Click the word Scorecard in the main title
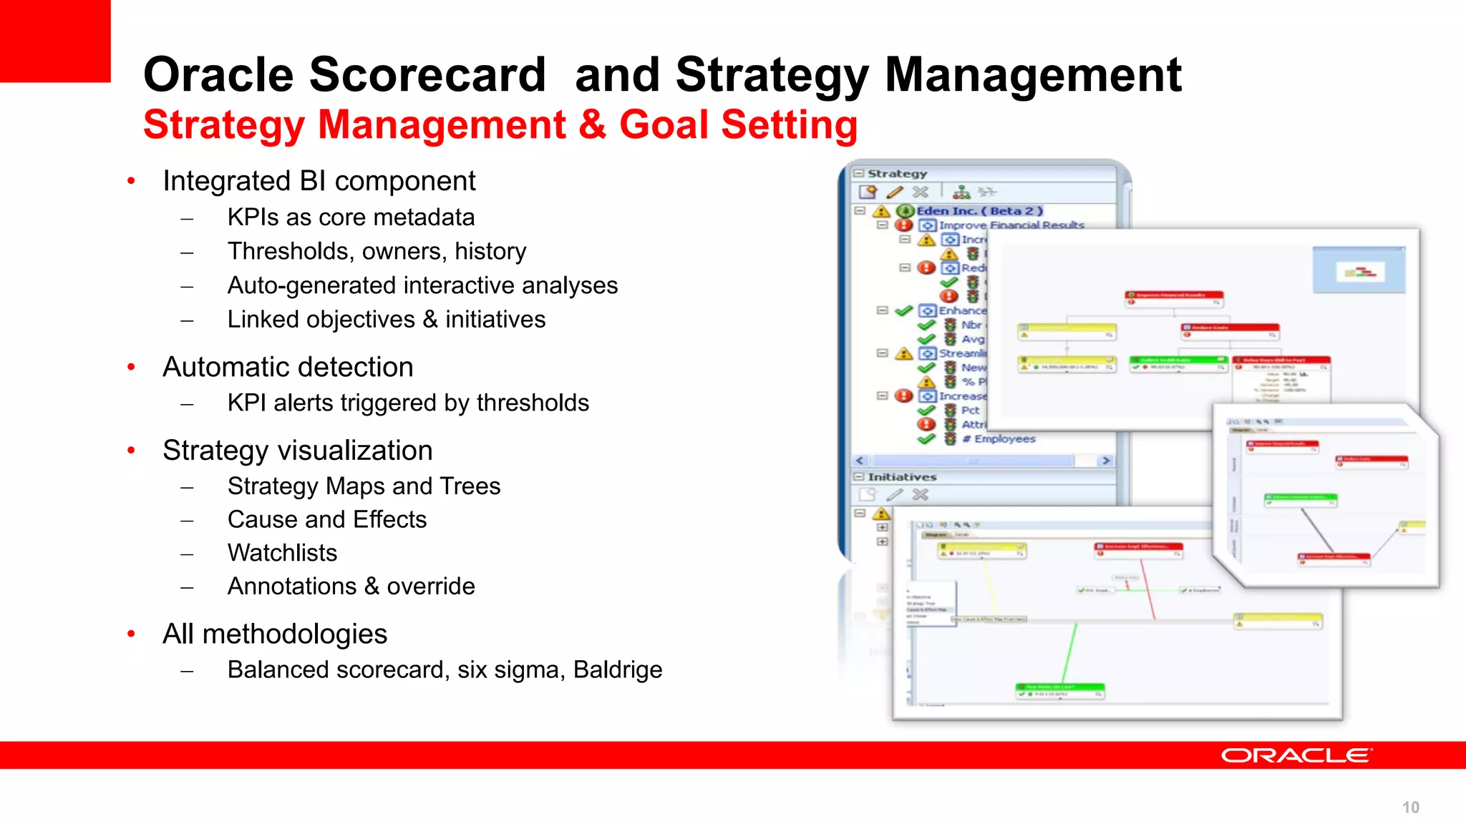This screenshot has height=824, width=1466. tap(427, 74)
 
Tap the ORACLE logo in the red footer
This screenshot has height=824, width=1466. tap(1296, 755)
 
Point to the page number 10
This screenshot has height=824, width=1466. tap(1410, 808)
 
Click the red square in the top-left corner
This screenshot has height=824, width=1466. tap(54, 40)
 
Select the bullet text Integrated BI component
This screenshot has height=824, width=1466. tap(319, 181)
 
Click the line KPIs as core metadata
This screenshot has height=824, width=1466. tap(351, 217)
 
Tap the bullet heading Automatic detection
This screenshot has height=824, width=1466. tap(288, 367)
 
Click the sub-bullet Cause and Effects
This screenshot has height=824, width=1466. tap(326, 519)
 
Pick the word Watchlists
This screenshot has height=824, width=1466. tap(282, 553)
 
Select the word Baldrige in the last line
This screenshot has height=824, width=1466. tap(618, 670)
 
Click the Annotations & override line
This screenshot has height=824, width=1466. tap(351, 587)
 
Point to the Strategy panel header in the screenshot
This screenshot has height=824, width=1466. tap(897, 174)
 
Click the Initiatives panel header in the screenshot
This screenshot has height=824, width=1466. tap(902, 477)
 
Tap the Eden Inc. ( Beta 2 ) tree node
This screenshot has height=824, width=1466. tap(979, 211)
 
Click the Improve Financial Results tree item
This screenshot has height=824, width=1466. tap(1011, 225)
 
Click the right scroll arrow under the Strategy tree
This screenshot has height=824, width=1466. tap(1106, 461)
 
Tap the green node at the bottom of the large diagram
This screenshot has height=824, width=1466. tap(1060, 690)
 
